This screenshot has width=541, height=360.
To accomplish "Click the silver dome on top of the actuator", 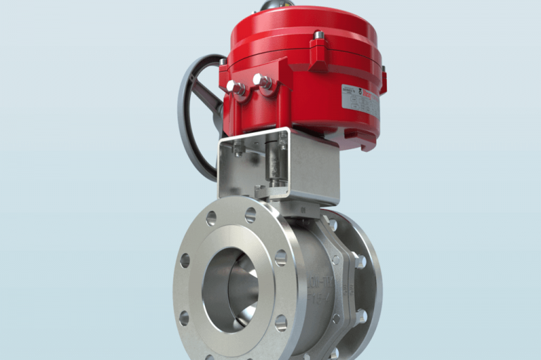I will click(x=277, y=5).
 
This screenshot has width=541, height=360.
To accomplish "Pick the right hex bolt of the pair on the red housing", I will click(x=264, y=82).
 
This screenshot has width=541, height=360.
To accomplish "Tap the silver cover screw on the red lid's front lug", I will click(x=319, y=35).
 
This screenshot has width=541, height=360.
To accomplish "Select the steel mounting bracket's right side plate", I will click(x=314, y=168).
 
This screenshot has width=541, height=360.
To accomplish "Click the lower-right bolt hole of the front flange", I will click(x=280, y=323).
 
